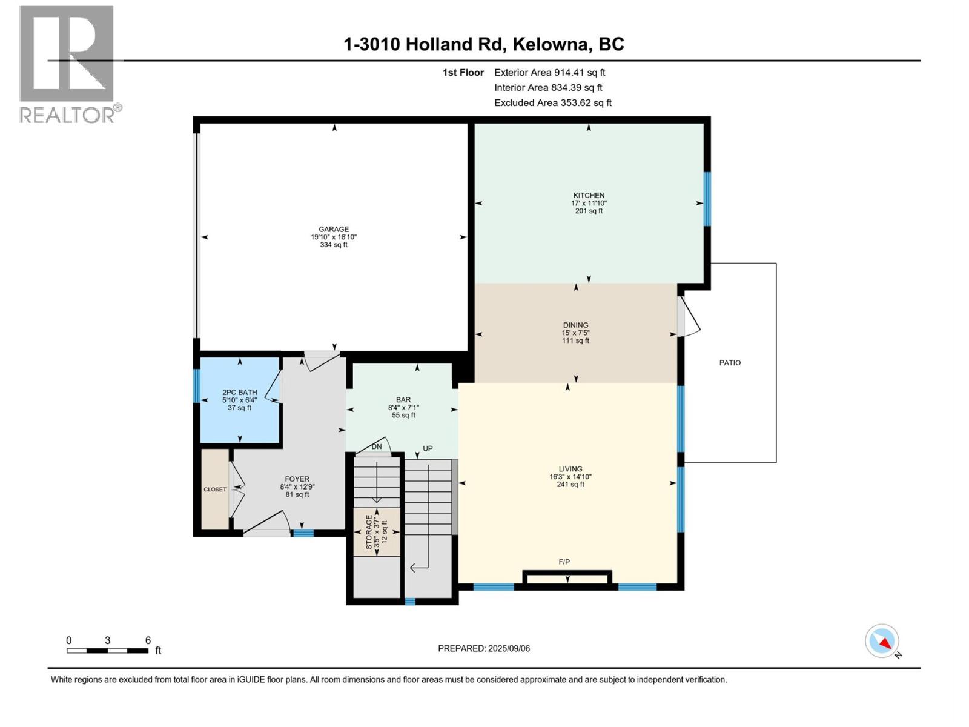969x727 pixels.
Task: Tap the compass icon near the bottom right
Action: pyautogui.click(x=882, y=641)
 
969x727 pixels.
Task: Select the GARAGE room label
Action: pyautogui.click(x=334, y=230)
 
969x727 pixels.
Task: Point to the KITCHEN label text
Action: pyautogui.click(x=589, y=196)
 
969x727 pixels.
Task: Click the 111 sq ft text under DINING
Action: pyautogui.click(x=575, y=341)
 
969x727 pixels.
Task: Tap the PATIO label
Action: pyautogui.click(x=730, y=363)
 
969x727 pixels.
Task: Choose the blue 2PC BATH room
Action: pyautogui.click(x=240, y=400)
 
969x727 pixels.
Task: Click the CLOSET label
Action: pyautogui.click(x=215, y=490)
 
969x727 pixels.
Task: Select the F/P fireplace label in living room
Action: pyautogui.click(x=564, y=562)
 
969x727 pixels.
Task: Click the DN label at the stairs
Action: pyautogui.click(x=377, y=446)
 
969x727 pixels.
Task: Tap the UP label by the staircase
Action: pyautogui.click(x=428, y=449)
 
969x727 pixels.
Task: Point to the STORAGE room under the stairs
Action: pyautogui.click(x=376, y=532)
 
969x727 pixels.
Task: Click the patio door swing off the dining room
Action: pyautogui.click(x=689, y=316)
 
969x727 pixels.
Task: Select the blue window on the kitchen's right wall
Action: pyautogui.click(x=707, y=199)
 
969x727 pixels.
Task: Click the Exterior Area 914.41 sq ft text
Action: pyautogui.click(x=549, y=73)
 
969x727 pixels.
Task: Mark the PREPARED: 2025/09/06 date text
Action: pyautogui.click(x=484, y=648)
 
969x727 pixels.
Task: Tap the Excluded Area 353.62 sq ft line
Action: pyautogui.click(x=552, y=103)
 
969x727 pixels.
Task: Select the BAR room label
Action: pyautogui.click(x=403, y=400)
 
